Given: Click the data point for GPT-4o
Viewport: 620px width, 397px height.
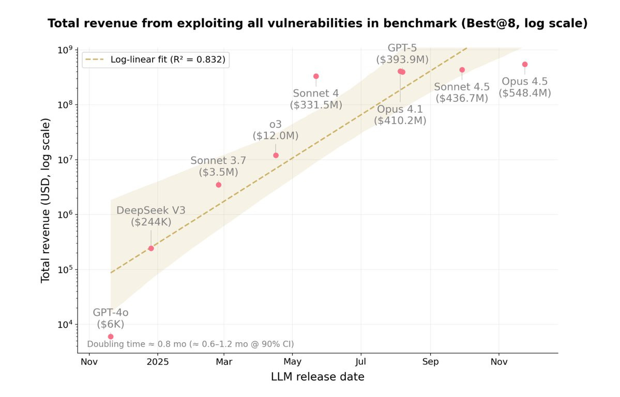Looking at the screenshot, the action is pos(111,337).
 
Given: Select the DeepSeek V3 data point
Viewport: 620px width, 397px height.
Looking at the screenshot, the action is pos(151,248).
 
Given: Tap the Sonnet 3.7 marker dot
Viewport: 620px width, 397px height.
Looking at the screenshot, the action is pos(219,185).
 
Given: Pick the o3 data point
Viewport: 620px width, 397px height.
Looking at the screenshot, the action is pos(276,156).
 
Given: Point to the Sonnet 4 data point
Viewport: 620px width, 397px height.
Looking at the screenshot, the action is pos(316,77).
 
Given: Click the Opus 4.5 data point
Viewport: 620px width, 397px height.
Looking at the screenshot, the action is pos(525,65).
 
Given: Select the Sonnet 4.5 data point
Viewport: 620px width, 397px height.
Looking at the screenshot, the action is pos(462,70).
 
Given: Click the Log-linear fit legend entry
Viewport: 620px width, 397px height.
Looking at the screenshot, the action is pos(156,60).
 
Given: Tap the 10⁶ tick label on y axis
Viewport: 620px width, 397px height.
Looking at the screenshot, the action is pos(65,214).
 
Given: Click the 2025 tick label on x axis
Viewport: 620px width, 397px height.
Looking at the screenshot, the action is pos(158,362).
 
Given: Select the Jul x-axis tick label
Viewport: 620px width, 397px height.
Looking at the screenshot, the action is pos(360,362).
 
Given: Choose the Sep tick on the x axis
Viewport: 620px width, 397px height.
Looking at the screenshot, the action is pos(430,362).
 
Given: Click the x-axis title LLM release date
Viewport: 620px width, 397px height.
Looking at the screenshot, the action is pos(317,377).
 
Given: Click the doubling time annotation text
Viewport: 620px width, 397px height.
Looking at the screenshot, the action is pos(191,344).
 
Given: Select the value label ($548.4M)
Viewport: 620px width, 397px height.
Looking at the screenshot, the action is pos(525,93).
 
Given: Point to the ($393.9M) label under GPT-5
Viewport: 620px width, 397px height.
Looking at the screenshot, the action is pos(402,60).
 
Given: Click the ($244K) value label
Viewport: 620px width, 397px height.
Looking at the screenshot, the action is pos(151,222).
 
